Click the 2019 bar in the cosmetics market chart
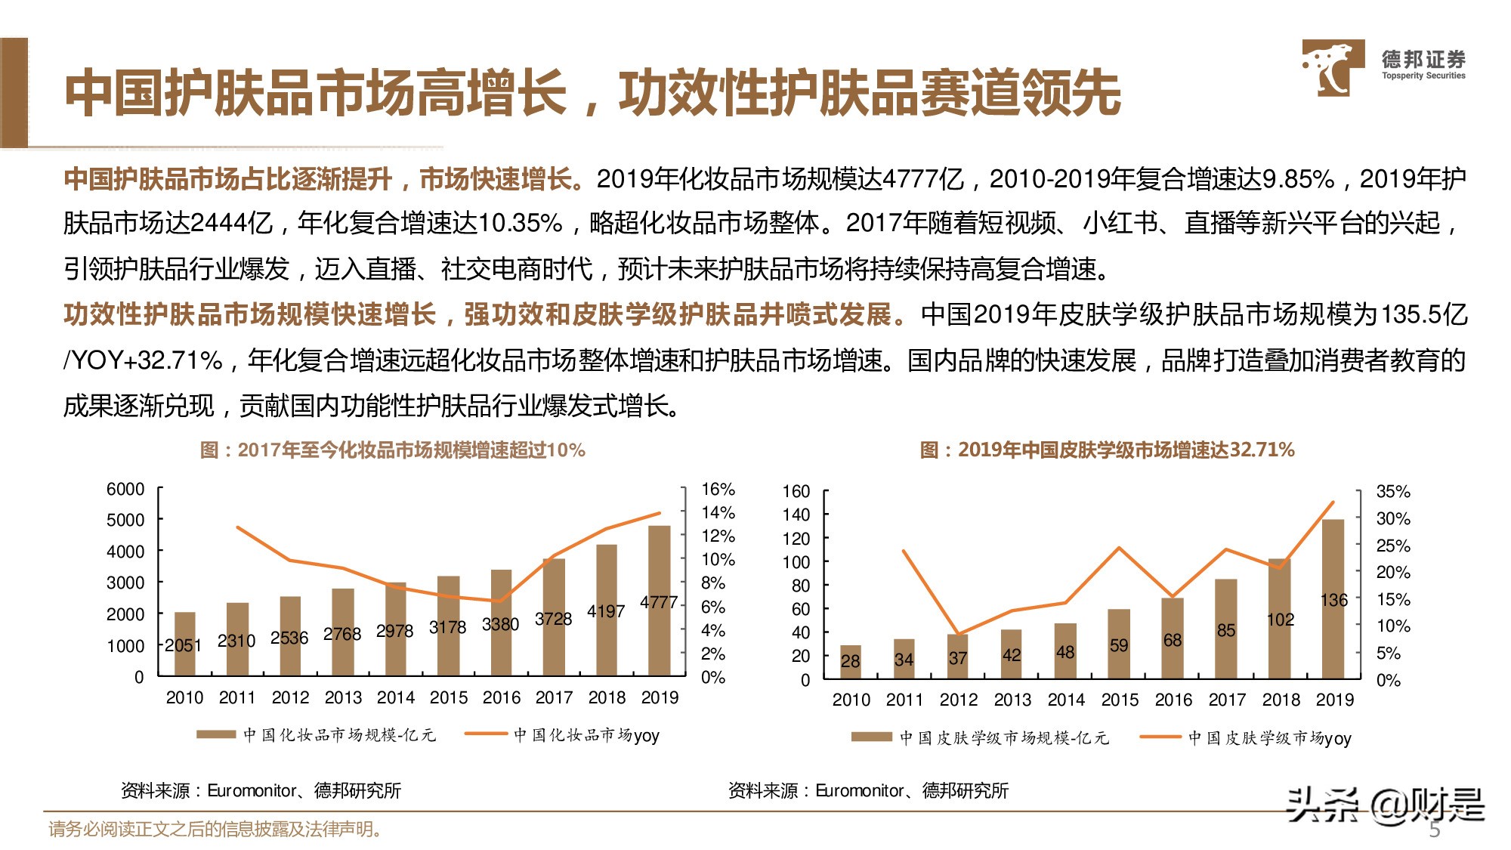click(659, 601)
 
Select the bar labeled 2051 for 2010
click(184, 644)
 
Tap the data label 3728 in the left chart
click(553, 619)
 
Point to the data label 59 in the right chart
click(1119, 645)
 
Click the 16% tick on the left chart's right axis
click(718, 490)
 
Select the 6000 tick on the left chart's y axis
click(125, 490)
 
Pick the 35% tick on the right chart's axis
click(1393, 492)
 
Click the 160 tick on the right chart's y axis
click(796, 492)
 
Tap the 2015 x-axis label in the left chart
click(449, 697)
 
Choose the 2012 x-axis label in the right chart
click(959, 700)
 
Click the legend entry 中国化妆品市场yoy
click(586, 735)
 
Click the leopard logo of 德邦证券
click(1333, 67)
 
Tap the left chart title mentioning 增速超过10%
click(392, 450)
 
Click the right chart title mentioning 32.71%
click(1107, 450)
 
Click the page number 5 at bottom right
click(1435, 830)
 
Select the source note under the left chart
click(261, 791)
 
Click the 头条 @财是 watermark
click(1386, 805)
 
